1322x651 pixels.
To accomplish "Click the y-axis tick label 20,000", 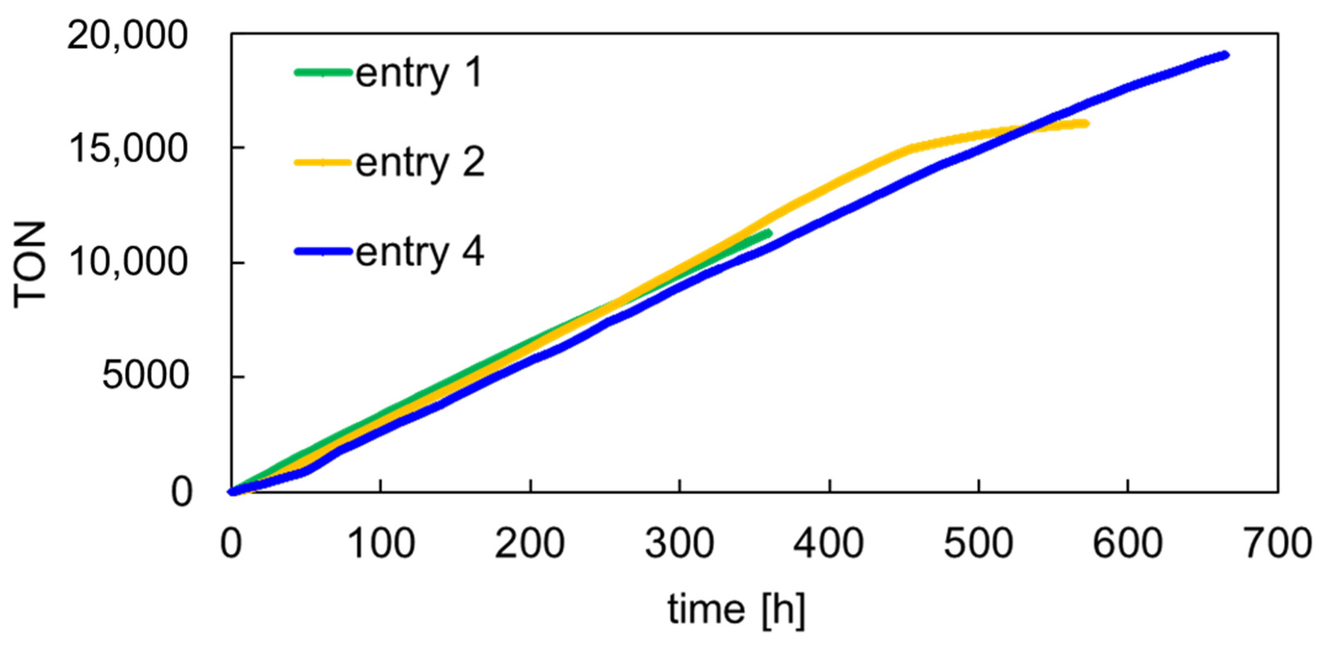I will (x=126, y=37).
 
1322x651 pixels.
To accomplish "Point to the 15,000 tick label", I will (x=126, y=150).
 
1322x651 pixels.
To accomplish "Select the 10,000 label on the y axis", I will (x=126, y=263).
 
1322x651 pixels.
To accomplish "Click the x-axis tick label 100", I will (x=380, y=544).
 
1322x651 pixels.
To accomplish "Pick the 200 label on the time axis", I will (x=530, y=544).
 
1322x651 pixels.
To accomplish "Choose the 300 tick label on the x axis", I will (x=680, y=544).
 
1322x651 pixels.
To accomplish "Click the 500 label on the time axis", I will (x=979, y=544).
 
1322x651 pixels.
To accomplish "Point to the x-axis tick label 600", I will (x=1128, y=544).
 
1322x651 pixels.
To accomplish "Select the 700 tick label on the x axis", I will (x=1278, y=544).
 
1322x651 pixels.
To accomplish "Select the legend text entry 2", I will (x=420, y=162).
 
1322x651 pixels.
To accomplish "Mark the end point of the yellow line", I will (x=1086, y=123).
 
